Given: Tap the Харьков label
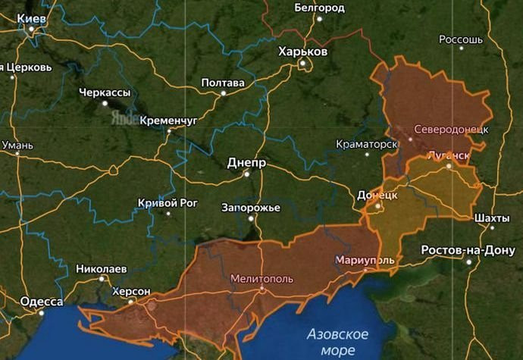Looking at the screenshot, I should (x=302, y=52).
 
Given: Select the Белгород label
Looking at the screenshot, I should (x=319, y=8).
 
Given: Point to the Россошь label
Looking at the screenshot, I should (x=461, y=39).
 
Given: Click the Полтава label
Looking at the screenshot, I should (x=223, y=83).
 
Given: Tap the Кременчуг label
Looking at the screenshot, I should (x=168, y=120).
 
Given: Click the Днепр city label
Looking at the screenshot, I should (x=246, y=163).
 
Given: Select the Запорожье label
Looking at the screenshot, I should (x=251, y=208).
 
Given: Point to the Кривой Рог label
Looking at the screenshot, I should (x=168, y=202).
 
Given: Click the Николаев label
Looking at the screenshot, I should (x=101, y=268).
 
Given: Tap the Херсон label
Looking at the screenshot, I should (x=131, y=291).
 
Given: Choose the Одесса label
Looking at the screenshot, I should (x=42, y=301).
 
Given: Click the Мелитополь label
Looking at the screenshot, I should (x=261, y=278).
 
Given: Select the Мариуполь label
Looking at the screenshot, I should (x=365, y=260).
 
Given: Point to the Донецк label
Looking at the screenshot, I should (x=377, y=195).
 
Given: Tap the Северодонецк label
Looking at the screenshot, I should (x=451, y=129).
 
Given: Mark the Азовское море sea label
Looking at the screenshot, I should (x=338, y=342).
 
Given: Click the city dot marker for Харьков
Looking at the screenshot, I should (x=301, y=64).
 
